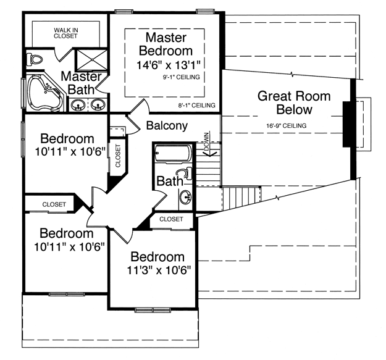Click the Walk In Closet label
tap(65, 33)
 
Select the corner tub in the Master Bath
tap(45, 91)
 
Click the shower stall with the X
tap(92, 60)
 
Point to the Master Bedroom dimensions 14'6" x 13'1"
tap(169, 65)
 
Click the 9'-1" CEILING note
tap(181, 77)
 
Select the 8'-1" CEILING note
tap(196, 106)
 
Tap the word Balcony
tap(167, 125)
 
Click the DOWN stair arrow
tap(208, 144)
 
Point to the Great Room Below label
tap(294, 103)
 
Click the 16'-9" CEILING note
tap(287, 126)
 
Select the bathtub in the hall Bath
tap(173, 153)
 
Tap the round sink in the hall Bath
tap(186, 197)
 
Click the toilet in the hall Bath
tap(185, 174)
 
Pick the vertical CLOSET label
tap(118, 156)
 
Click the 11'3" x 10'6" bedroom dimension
tap(159, 270)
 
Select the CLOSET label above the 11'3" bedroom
tap(171, 219)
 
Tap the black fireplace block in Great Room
tap(347, 124)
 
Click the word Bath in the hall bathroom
tap(170, 182)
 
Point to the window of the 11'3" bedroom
tap(153, 310)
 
